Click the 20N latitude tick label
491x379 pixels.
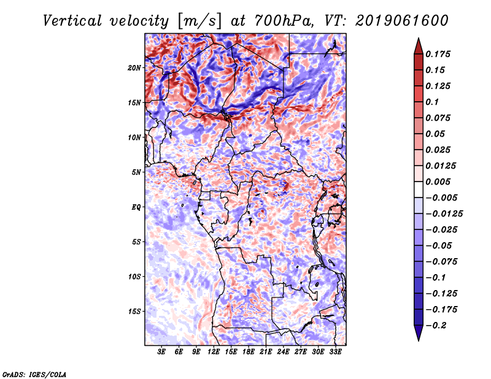135,67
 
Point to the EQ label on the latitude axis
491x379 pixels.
136,207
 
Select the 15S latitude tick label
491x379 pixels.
135,312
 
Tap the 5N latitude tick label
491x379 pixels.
137,172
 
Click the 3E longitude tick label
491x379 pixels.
162,352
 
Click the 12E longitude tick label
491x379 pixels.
214,352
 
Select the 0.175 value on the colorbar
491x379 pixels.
439,54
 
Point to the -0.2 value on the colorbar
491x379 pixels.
438,325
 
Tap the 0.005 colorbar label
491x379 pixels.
439,182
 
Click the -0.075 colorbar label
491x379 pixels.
442,261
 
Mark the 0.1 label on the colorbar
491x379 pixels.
433,102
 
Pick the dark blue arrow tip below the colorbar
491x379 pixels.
418,335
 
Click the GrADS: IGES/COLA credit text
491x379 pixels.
34,373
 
